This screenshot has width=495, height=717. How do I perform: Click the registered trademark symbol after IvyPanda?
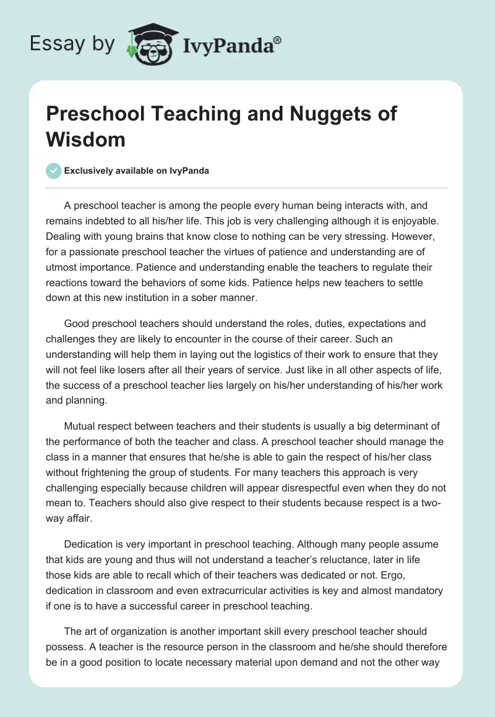(x=277, y=40)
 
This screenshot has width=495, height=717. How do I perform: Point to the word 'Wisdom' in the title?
(x=85, y=139)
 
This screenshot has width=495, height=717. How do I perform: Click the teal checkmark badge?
(x=53, y=171)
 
